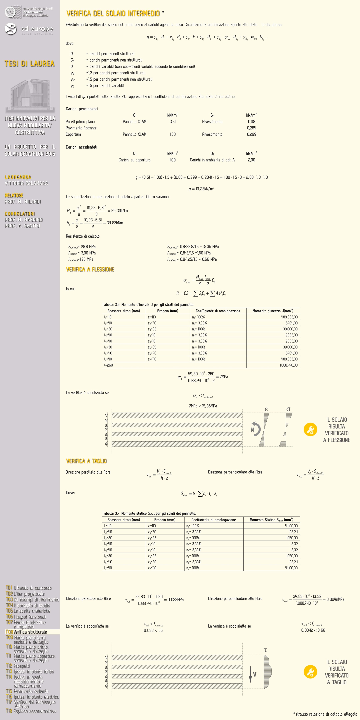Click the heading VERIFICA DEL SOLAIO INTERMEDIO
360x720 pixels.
coord(113,13)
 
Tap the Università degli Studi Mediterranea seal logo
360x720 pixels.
coord(11,12)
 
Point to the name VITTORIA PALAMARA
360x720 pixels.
coord(26,183)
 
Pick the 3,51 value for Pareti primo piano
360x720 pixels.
coord(173,122)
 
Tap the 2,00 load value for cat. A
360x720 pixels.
coord(251,160)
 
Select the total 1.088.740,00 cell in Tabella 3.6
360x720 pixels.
coord(289,365)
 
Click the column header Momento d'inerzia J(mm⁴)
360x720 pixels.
coord(273,311)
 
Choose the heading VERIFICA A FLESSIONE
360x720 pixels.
coord(90,269)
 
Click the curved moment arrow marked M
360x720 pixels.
coord(255,430)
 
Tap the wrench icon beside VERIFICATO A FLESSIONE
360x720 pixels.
coord(310,430)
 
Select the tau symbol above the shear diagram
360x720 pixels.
coord(265,650)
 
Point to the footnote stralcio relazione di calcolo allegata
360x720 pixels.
coord(325,714)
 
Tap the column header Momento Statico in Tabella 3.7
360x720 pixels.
coord(271,520)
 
